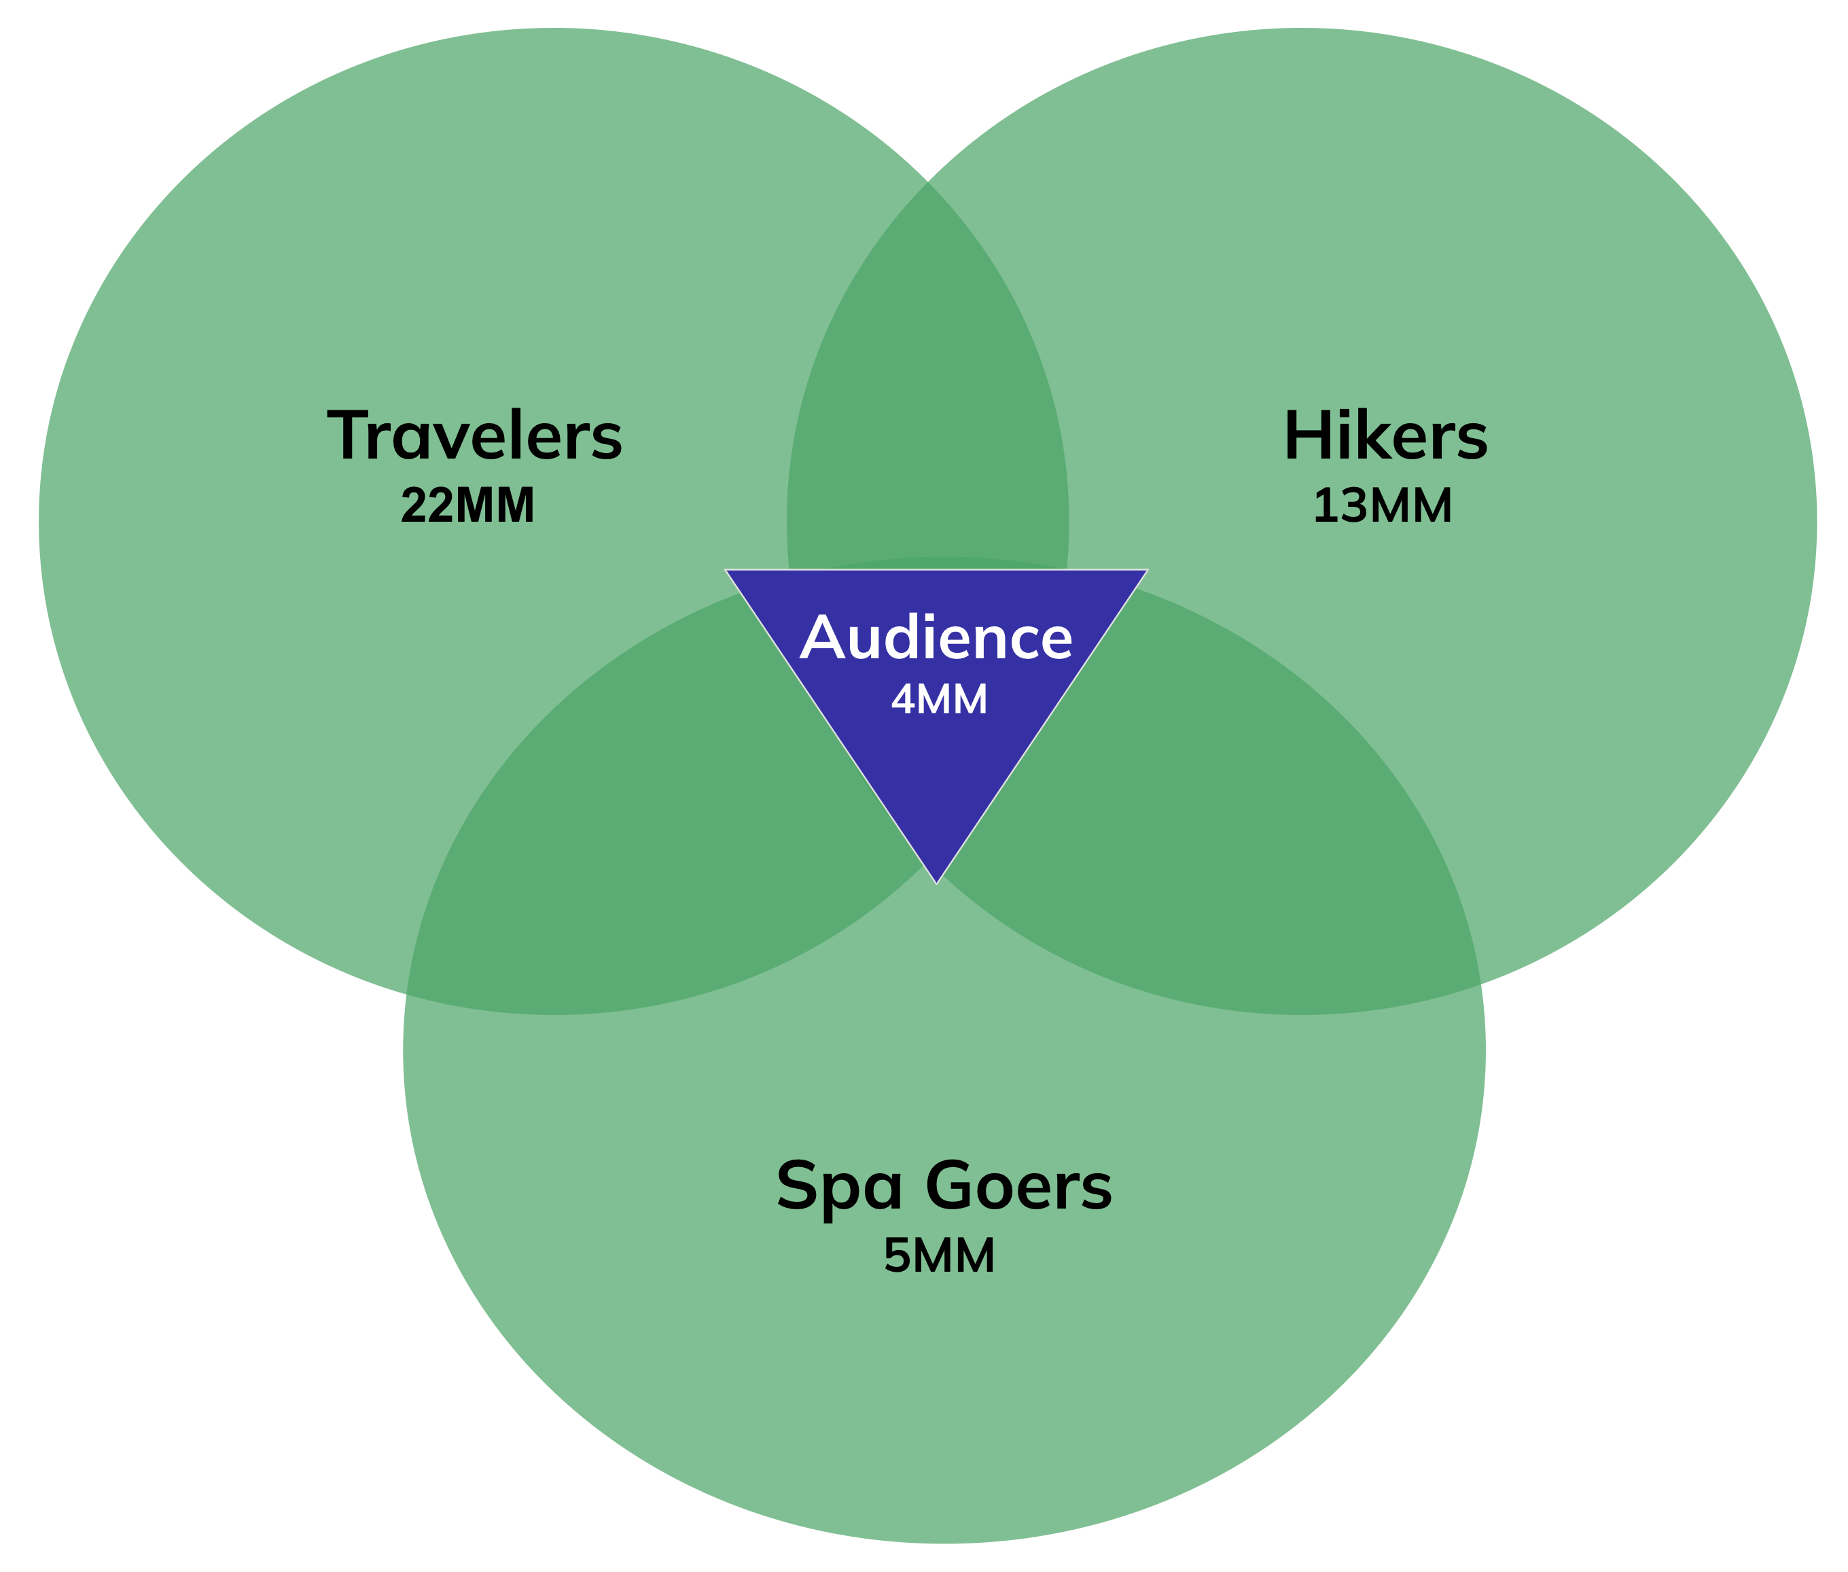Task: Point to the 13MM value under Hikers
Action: (1383, 505)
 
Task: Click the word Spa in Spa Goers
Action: (839, 1187)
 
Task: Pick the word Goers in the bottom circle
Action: (1018, 1185)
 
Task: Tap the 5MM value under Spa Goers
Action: (938, 1255)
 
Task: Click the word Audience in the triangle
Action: (936, 638)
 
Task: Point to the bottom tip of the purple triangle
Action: (936, 880)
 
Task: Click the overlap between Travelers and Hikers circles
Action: (927, 374)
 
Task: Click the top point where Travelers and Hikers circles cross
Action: (927, 182)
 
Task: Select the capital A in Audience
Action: (821, 638)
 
